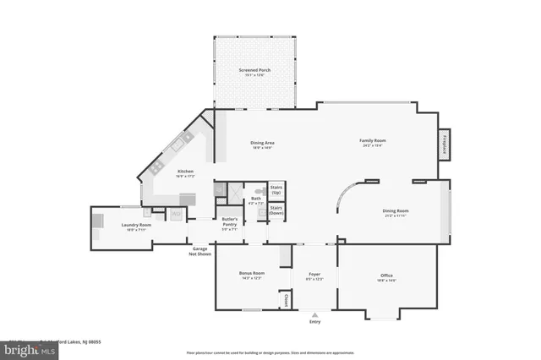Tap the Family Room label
pos(371,142)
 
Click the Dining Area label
pos(262,145)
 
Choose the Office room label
pos(386,276)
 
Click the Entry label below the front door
pos(315,321)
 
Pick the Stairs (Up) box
pos(276,190)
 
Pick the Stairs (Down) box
pos(276,211)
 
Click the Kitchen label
pos(185,174)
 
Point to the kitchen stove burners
pos(178,146)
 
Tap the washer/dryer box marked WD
pos(176,215)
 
